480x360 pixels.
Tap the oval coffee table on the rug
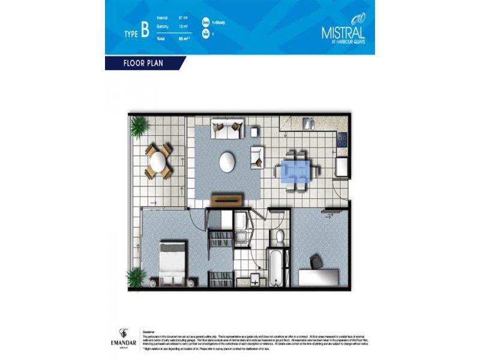(x=227, y=161)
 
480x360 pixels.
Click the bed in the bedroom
(x=174, y=262)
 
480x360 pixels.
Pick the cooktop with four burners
(x=342, y=140)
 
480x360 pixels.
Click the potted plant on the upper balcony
(x=139, y=127)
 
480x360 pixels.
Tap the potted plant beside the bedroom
(x=136, y=277)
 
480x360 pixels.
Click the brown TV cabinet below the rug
(x=227, y=200)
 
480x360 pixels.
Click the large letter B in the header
(x=145, y=31)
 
